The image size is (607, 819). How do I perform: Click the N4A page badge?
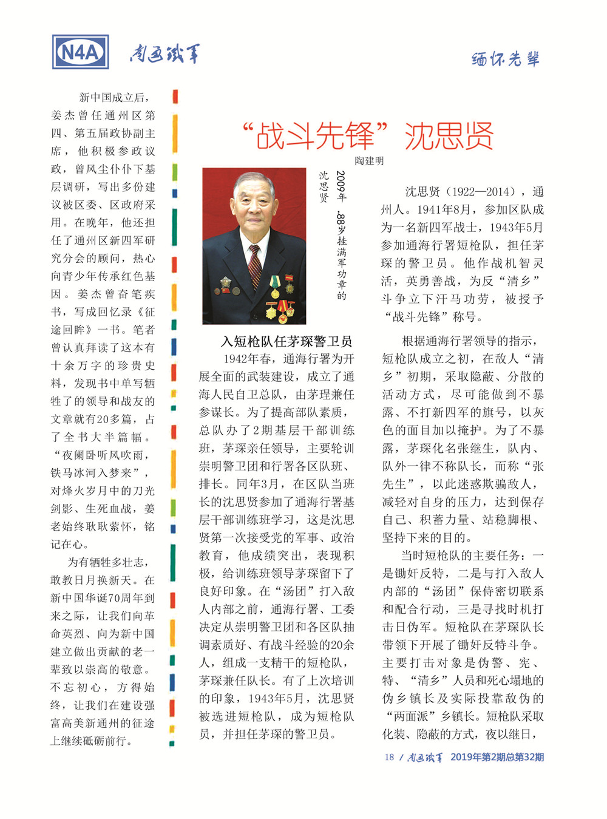(81, 53)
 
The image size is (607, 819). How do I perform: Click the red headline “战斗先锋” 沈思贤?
(368, 135)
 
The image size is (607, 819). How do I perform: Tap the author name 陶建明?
(369, 161)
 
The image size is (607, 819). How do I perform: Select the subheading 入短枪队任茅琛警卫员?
(287, 341)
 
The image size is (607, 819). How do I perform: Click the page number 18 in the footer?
(389, 757)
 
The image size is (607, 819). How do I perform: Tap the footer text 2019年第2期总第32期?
(497, 757)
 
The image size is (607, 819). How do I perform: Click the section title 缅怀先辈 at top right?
(506, 59)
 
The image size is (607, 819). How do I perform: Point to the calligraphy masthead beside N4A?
(164, 54)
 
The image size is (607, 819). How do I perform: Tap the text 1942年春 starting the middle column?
(248, 359)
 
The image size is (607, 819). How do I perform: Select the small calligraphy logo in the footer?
(425, 757)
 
